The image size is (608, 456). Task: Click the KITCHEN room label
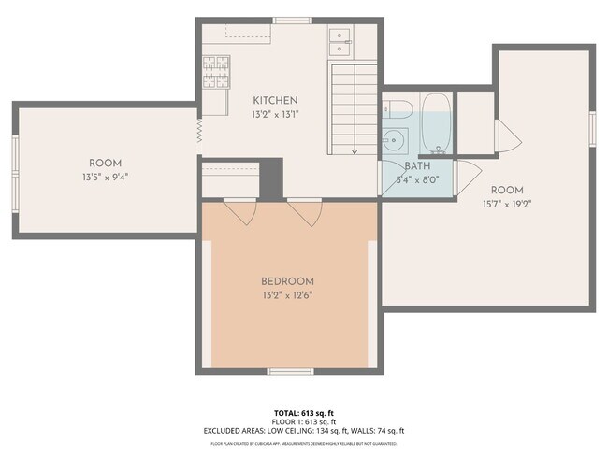(275, 100)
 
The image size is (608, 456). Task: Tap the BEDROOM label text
(287, 281)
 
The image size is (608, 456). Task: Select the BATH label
(417, 165)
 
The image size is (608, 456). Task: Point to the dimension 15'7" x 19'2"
(507, 203)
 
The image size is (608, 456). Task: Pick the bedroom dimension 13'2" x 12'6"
(287, 295)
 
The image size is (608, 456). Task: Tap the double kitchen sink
(340, 38)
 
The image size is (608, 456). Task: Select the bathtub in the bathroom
(435, 124)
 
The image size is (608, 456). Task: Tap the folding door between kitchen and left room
(199, 130)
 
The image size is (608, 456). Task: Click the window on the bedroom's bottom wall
(289, 371)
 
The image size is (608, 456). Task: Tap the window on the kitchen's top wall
(292, 20)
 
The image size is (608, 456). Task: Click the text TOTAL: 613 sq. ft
(304, 411)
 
